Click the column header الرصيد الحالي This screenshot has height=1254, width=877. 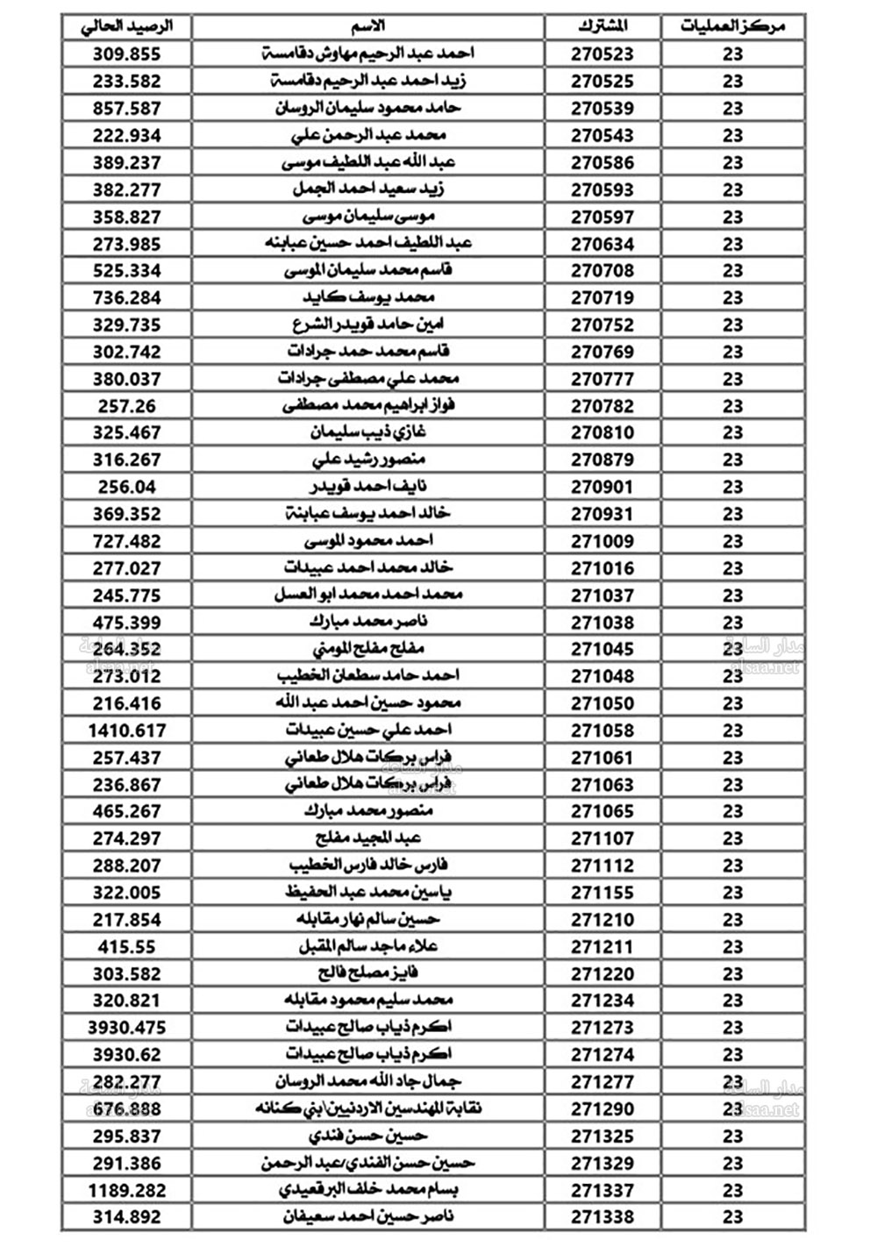pyautogui.click(x=127, y=26)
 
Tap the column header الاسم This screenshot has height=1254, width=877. pyautogui.click(x=367, y=26)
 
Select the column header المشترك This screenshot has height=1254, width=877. pyautogui.click(x=602, y=26)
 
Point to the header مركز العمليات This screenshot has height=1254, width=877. pyautogui.click(x=732, y=26)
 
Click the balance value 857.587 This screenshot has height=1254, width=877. pyautogui.click(x=127, y=108)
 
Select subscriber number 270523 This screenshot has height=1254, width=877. pyautogui.click(x=602, y=53)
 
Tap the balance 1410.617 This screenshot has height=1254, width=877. pyautogui.click(x=127, y=730)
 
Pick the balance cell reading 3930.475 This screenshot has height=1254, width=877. pyautogui.click(x=127, y=1027)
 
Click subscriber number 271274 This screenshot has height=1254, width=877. pyautogui.click(x=602, y=1054)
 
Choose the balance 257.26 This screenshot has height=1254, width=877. pyautogui.click(x=127, y=406)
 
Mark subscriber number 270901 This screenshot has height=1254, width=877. pyautogui.click(x=602, y=487)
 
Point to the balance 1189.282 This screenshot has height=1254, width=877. pyautogui.click(x=127, y=1190)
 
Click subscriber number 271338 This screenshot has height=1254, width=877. pyautogui.click(x=602, y=1217)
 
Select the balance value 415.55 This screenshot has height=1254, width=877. pyautogui.click(x=127, y=947)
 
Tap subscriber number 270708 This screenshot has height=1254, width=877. pyautogui.click(x=602, y=271)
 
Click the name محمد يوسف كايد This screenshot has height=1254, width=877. pyautogui.click(x=368, y=297)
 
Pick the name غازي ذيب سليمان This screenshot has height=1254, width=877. pyautogui.click(x=368, y=432)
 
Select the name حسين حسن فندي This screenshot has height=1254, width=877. pyautogui.click(x=368, y=1136)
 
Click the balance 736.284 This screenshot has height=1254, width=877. pyautogui.click(x=127, y=297)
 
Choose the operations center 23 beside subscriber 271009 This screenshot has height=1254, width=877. pyautogui.click(x=732, y=541)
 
